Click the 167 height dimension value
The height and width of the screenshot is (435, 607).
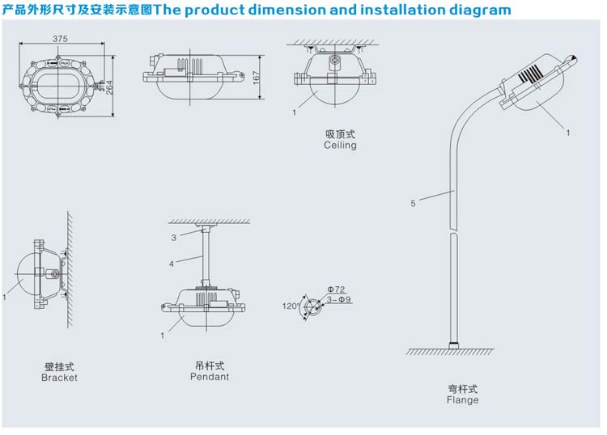coord(256,78)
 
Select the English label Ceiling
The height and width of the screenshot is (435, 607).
coord(340,146)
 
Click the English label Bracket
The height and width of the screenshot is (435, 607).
coord(60,378)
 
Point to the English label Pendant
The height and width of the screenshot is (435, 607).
coord(210,377)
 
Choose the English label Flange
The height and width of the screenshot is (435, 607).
coord(463,399)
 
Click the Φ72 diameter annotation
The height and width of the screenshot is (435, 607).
coord(336,289)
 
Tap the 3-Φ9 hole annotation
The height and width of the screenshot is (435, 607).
coord(339,299)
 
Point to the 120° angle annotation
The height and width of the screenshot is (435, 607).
coord(290,306)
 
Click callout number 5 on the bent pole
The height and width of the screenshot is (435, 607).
coord(413,204)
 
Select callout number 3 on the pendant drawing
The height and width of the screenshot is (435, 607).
coord(173,238)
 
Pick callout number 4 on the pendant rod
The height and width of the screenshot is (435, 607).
coord(172,264)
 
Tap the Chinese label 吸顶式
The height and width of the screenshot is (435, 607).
coord(340,134)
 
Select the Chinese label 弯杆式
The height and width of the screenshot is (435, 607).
coord(463,388)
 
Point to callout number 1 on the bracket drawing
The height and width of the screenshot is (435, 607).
coord(4,298)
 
